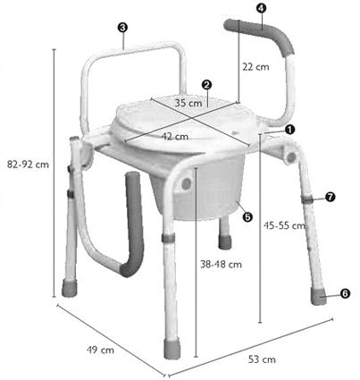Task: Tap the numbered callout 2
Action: pos(206,86)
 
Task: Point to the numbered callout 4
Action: pos(260,8)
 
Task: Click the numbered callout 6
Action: pos(345,292)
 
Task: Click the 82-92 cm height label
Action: pos(27,165)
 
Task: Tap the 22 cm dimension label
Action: pos(255,66)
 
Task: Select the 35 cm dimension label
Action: pos(188,104)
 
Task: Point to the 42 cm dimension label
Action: pos(175,136)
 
